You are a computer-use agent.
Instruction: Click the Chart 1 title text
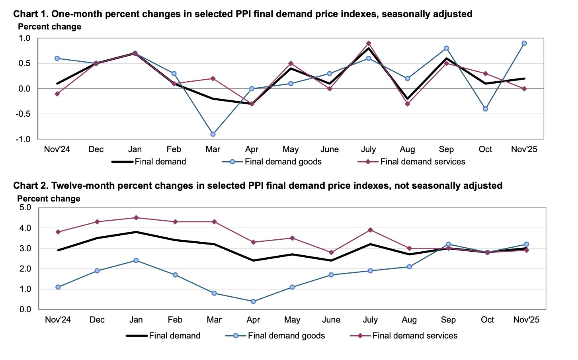tap(243, 14)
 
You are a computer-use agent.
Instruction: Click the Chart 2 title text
tap(258, 186)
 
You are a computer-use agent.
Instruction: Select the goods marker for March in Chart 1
tap(213, 134)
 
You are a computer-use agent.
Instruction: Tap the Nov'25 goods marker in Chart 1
tap(524, 43)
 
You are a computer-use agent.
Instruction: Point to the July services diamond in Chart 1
tap(369, 43)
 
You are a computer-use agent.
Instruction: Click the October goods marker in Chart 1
tap(485, 109)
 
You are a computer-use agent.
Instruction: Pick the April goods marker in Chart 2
tap(254, 301)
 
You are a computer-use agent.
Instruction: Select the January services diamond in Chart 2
tap(136, 218)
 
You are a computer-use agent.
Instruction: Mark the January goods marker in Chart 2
tap(136, 260)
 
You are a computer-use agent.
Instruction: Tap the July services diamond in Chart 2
tap(370, 230)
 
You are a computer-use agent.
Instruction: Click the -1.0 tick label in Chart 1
tap(23, 139)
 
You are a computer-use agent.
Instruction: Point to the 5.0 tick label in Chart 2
tap(25, 207)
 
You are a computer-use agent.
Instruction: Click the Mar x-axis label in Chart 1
tap(213, 149)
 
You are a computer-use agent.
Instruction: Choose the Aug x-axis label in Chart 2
tap(409, 320)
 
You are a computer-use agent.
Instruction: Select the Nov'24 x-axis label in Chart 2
tap(58, 320)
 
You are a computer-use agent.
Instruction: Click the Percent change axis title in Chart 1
tap(49, 27)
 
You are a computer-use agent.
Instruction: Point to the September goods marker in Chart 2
tap(448, 244)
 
